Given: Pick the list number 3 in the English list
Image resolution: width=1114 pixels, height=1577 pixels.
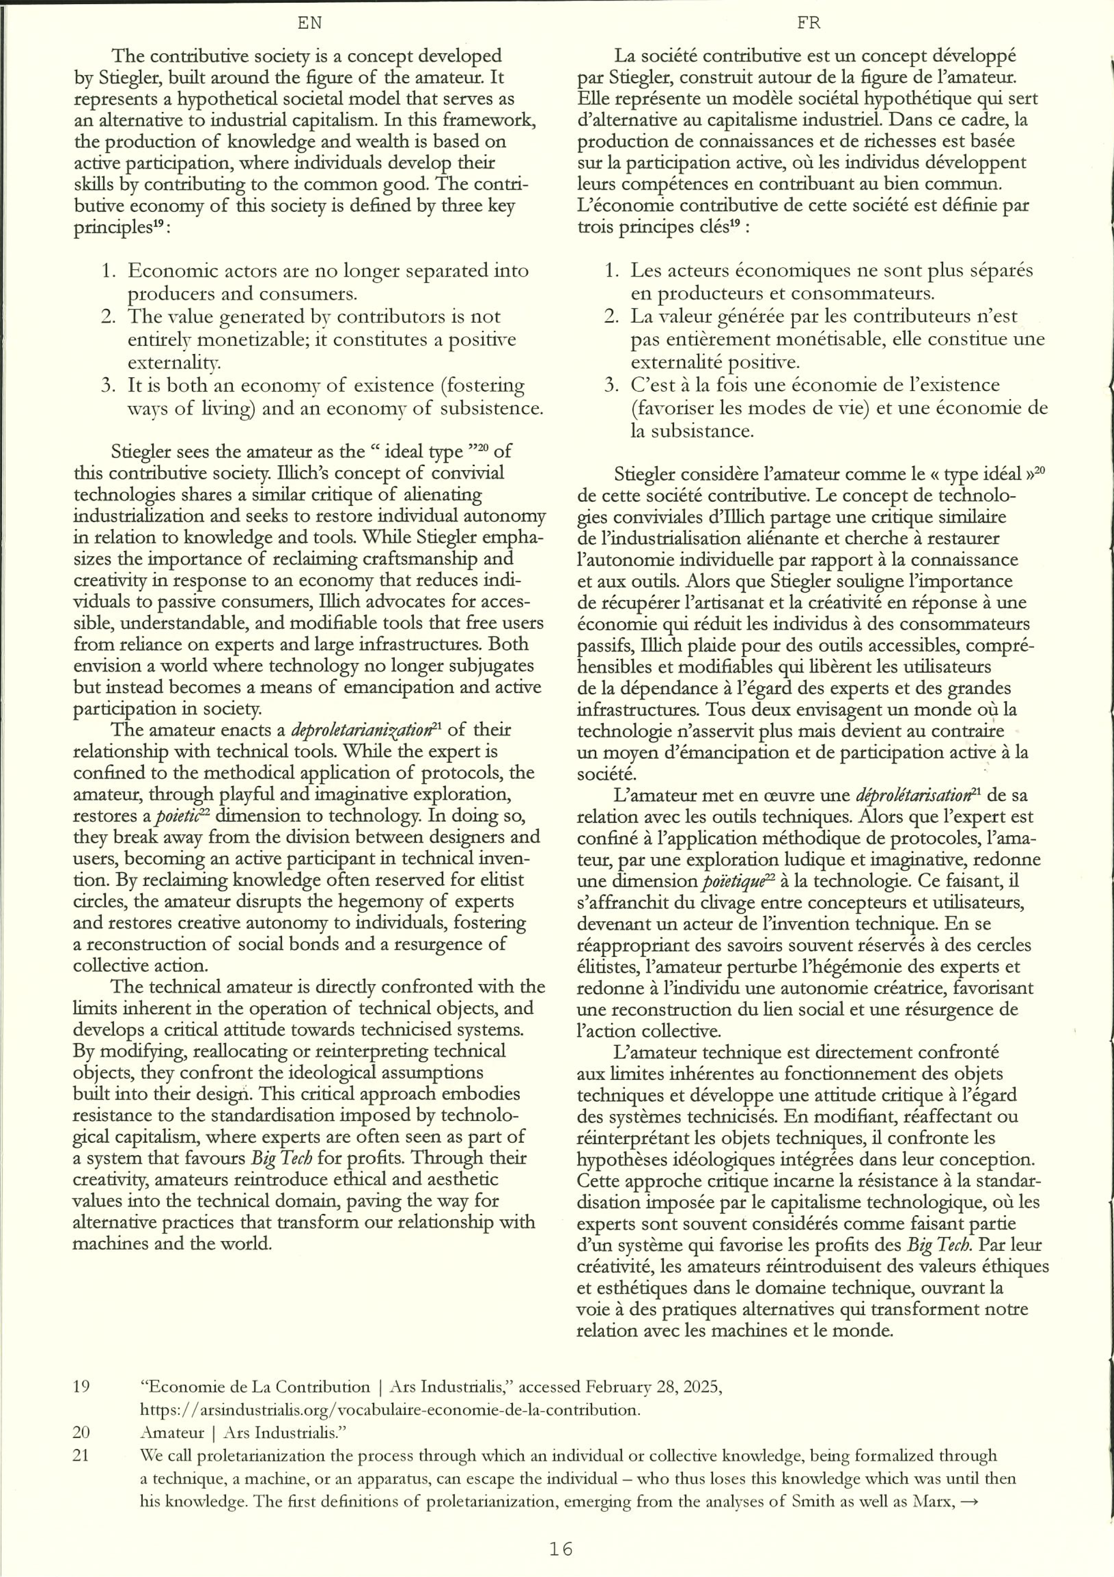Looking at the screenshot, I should (108, 385).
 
